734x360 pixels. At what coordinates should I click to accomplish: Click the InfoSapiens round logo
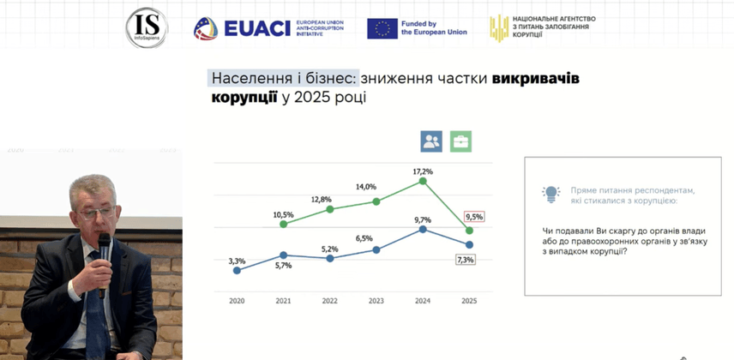pyautogui.click(x=146, y=27)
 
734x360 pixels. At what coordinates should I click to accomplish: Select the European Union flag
pyautogui.click(x=382, y=28)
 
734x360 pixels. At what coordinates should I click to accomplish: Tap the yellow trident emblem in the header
pyautogui.click(x=498, y=28)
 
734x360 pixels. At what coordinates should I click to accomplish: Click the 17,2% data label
pyautogui.click(x=422, y=171)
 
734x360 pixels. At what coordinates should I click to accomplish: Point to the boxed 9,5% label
pyautogui.click(x=473, y=217)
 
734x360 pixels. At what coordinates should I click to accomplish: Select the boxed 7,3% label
pyautogui.click(x=465, y=259)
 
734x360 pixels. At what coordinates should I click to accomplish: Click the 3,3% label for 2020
pyautogui.click(x=237, y=261)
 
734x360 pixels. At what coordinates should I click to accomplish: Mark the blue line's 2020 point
pyautogui.click(x=237, y=271)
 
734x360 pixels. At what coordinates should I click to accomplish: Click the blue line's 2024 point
pyautogui.click(x=423, y=229)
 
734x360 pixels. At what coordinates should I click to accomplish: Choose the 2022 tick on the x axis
pyautogui.click(x=329, y=301)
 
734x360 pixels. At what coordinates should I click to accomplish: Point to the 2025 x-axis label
pyautogui.click(x=468, y=301)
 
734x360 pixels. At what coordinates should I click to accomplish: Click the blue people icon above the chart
pyautogui.click(x=431, y=141)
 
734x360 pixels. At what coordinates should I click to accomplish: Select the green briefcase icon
pyautogui.click(x=461, y=141)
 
